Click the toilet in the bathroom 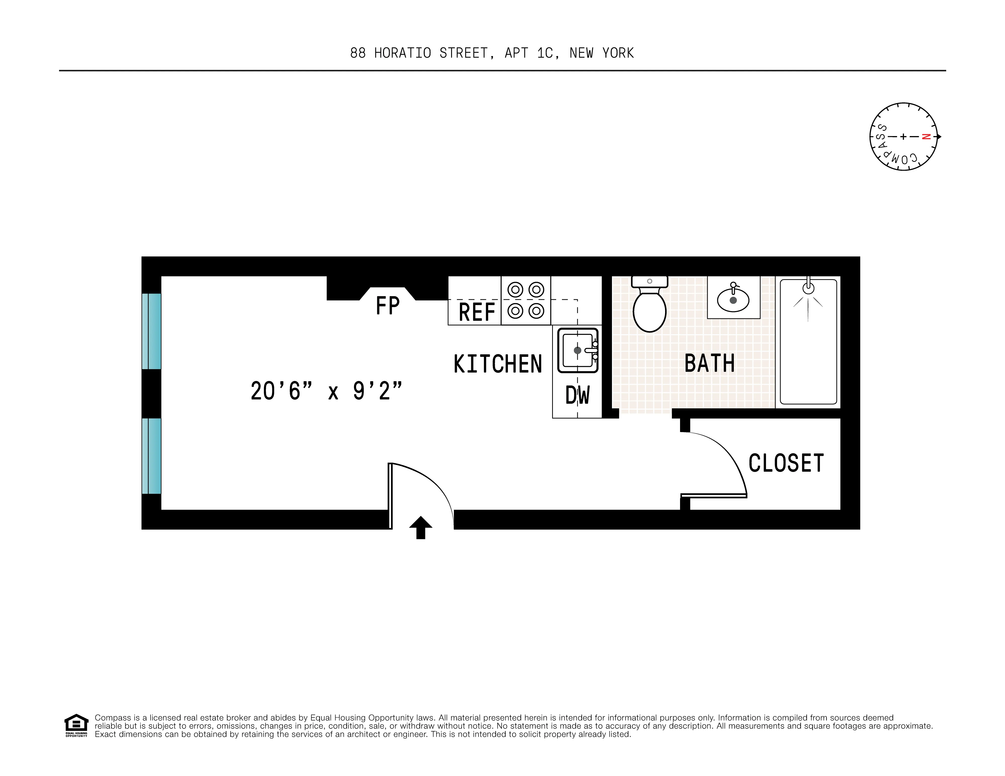(x=649, y=308)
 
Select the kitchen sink (x=577, y=350)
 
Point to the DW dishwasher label (x=577, y=395)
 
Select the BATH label (x=709, y=363)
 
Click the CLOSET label (x=786, y=463)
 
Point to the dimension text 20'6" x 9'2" (x=326, y=391)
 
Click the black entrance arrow (x=421, y=527)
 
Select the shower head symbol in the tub (x=808, y=288)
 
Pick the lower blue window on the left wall (x=151, y=456)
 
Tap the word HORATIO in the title (x=403, y=53)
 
